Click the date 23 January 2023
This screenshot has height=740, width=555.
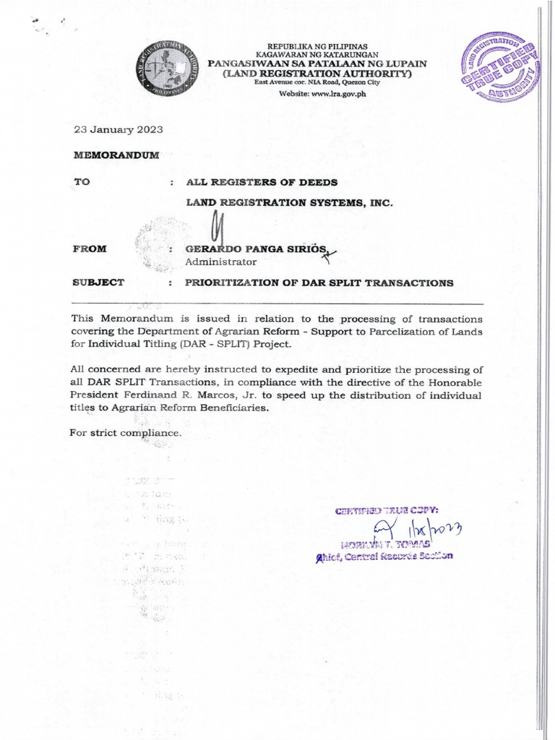119,130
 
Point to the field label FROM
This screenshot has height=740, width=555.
90,249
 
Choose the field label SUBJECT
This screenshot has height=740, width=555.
98,282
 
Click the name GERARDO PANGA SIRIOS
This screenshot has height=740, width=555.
257,249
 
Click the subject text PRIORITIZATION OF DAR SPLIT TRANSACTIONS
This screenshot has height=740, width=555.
319,283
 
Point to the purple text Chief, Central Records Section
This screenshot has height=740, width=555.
382,556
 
